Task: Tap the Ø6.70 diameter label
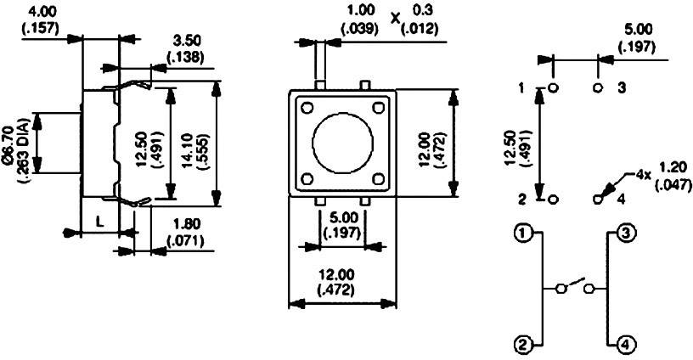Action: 14,143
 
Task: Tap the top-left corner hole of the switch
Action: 306,108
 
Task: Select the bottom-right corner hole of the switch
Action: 378,178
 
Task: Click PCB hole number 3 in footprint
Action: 597,88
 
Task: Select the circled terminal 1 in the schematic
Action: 524,233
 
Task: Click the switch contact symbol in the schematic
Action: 574,287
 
